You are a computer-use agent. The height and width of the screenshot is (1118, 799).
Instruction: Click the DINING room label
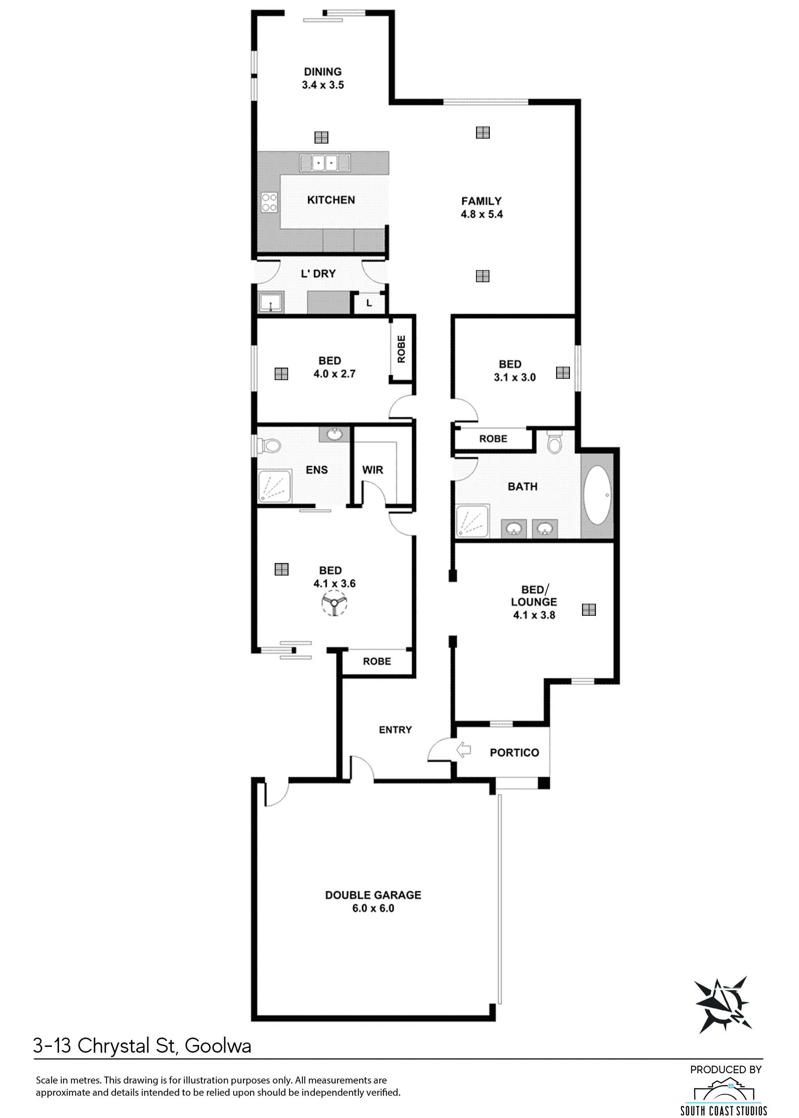pos(323,72)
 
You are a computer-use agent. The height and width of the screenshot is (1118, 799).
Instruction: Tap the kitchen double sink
pos(325,162)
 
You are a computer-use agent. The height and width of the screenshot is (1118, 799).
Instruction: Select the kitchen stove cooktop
pos(269,202)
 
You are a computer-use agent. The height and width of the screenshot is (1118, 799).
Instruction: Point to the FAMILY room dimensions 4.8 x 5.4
pos(482,214)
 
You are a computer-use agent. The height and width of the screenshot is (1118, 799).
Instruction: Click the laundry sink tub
pos(271,302)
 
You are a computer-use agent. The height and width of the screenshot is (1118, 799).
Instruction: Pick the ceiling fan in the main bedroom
pos(335,604)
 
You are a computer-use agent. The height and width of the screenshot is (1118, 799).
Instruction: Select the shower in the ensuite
pos(275,486)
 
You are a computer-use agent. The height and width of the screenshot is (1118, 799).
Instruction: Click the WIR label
pos(373,470)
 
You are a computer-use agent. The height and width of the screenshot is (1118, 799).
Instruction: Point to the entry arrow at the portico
pos(463,750)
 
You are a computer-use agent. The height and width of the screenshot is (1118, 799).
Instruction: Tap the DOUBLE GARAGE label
pos(373,895)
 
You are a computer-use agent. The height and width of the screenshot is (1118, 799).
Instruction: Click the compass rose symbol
pos(723,1004)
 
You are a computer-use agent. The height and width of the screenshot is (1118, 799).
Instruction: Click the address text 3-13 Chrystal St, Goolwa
pos(142,1046)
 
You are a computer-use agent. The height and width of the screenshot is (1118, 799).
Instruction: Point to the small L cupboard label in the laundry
pos(369,304)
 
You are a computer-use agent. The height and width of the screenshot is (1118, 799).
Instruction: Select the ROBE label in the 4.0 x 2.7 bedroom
pos(401,349)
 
